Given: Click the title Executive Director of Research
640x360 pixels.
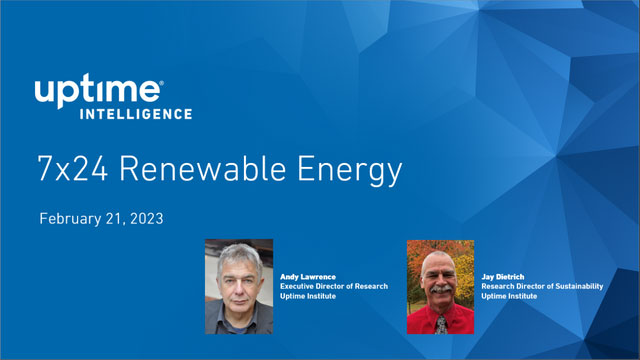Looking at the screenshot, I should pyautogui.click(x=333, y=286).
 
